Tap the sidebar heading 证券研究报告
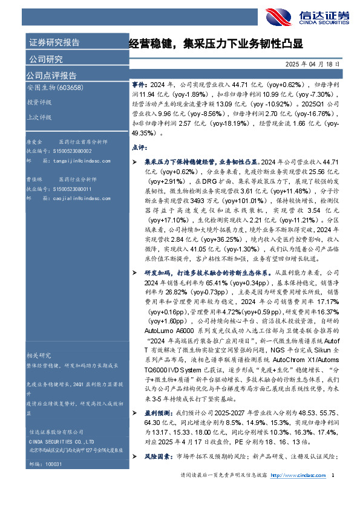tap(54, 43)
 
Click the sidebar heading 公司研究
tap(45, 59)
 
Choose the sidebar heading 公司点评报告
tap(51, 76)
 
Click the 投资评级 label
tap(39, 102)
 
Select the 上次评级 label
tap(39, 117)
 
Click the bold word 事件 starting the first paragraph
tap(139, 85)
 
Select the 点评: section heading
tap(139, 147)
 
